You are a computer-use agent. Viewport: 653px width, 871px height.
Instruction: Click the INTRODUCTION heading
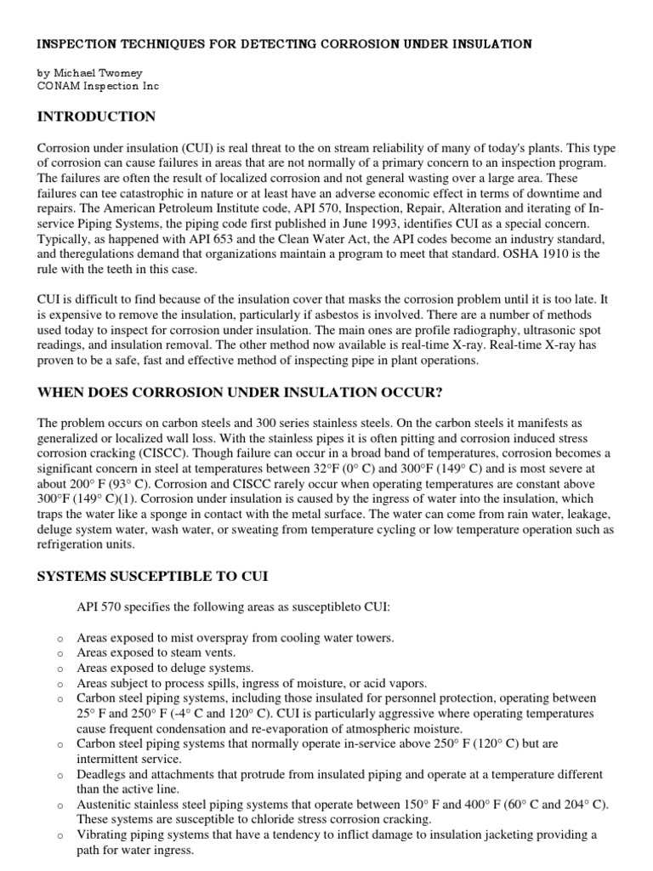pyautogui.click(x=96, y=117)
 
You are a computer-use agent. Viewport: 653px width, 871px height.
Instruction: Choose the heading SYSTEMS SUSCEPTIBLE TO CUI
pyautogui.click(x=152, y=576)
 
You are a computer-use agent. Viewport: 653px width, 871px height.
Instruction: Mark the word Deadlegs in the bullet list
pyautogui.click(x=103, y=775)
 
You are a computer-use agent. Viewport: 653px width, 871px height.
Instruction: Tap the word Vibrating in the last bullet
pyautogui.click(x=103, y=835)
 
